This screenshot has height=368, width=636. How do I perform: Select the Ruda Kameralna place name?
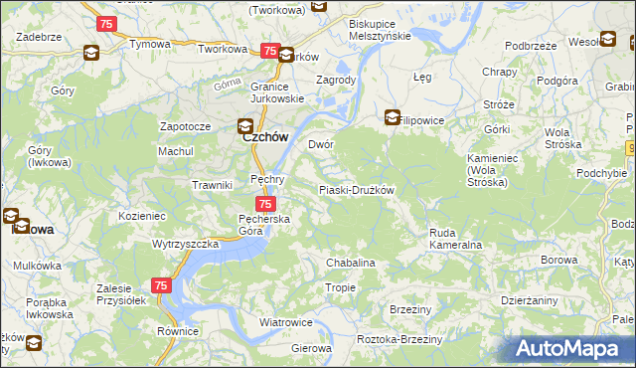455,239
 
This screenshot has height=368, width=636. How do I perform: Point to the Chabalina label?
351,263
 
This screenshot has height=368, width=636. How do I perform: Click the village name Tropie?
341,287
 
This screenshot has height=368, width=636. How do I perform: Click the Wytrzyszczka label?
185,244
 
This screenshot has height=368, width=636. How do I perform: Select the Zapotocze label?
185,127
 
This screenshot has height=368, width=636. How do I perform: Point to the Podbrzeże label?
530,46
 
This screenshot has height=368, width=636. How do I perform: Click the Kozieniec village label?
141,215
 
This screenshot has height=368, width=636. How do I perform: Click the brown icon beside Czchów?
245,125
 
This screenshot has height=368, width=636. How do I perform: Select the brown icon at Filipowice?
393,116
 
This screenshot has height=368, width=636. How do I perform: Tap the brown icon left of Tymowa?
91,53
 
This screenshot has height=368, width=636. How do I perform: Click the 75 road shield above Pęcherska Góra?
252,202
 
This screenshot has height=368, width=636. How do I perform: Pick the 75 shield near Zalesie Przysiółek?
163,285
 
